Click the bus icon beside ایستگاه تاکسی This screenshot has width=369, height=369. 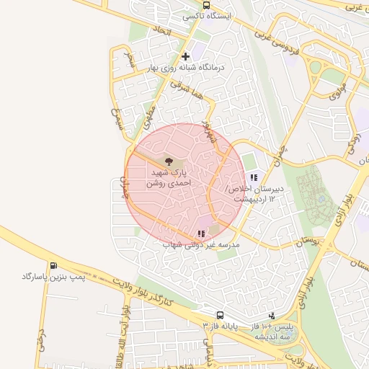click(x=207, y=5)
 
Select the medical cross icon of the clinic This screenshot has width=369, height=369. click(x=186, y=55)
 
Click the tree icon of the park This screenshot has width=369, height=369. click(x=169, y=161)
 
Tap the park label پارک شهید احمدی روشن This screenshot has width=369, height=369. click(x=169, y=179)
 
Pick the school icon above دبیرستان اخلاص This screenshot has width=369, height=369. click(x=253, y=177)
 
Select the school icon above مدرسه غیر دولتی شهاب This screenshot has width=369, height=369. click(x=201, y=234)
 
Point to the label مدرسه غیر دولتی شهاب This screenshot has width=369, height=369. click(x=201, y=245)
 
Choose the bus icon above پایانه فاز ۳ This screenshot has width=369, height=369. click(x=220, y=315)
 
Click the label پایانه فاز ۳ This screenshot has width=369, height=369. click(x=220, y=326)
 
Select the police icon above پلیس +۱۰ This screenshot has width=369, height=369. click(x=271, y=315)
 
